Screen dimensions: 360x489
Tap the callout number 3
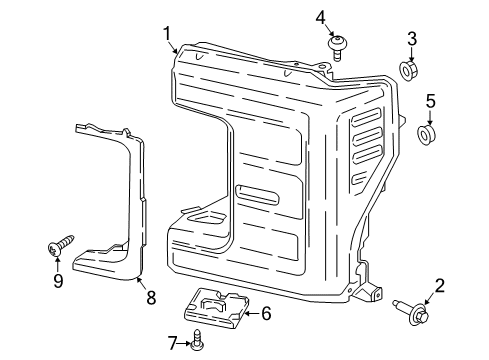[411, 39]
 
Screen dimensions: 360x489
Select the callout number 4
[321, 16]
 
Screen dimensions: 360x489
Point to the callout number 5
[431, 101]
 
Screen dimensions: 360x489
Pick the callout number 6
[266, 313]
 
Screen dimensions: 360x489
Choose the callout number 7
[172, 344]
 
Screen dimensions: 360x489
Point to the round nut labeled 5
[427, 133]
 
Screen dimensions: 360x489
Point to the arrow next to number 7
[184, 344]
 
